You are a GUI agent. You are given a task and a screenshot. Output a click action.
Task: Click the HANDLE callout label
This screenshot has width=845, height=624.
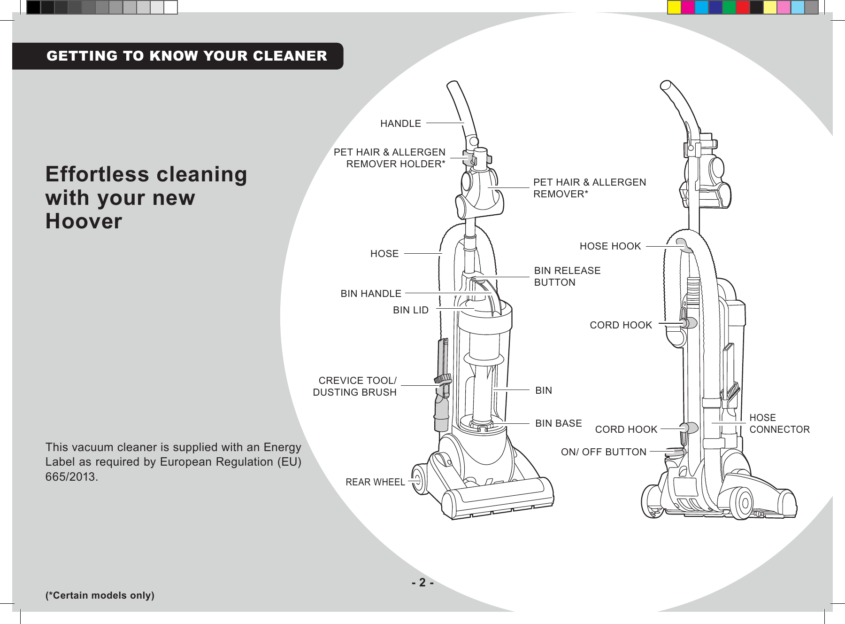(x=400, y=124)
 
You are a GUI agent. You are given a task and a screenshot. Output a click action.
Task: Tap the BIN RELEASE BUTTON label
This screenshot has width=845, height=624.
(x=567, y=276)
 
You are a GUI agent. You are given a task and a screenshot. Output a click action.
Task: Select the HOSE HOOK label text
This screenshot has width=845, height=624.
(x=610, y=246)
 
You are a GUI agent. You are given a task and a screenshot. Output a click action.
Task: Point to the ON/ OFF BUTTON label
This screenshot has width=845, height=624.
(x=603, y=452)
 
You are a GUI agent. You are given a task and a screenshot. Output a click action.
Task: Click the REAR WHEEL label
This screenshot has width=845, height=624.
(x=375, y=482)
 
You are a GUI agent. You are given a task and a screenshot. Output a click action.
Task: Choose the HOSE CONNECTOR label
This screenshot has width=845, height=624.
(x=779, y=423)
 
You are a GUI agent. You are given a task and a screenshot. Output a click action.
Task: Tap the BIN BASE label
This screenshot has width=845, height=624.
(x=558, y=423)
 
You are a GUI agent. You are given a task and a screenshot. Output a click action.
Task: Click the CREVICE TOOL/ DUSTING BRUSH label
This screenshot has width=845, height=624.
(x=355, y=386)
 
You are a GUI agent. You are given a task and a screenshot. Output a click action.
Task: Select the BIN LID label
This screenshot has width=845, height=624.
(x=411, y=310)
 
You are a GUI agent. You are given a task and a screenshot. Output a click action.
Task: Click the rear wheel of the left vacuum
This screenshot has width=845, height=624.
(x=419, y=479)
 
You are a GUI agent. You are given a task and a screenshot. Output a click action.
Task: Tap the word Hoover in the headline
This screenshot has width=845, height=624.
(x=84, y=221)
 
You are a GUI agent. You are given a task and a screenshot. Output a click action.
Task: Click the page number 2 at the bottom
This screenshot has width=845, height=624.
(x=422, y=583)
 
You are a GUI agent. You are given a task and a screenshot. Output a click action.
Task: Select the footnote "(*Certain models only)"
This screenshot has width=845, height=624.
(x=100, y=595)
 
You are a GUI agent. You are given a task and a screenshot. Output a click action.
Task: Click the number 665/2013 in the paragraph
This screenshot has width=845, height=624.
(x=71, y=476)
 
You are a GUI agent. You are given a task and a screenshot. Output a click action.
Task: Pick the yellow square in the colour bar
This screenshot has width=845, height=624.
(x=674, y=8)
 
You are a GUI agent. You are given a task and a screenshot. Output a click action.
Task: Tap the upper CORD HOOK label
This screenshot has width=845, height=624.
(x=621, y=325)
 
